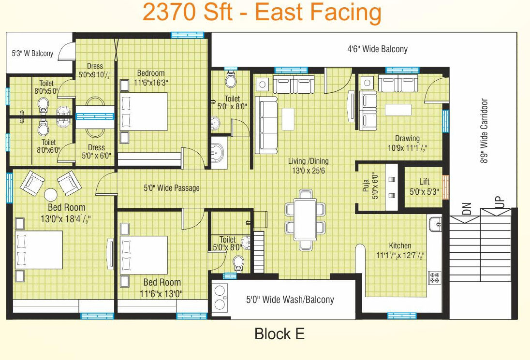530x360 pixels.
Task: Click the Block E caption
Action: point(279,334)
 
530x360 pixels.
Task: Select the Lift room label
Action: point(424,181)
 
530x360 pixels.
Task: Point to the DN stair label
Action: point(467,208)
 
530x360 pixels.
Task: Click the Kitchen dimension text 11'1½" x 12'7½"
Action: point(400,255)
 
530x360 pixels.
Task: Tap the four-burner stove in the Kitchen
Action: point(435,277)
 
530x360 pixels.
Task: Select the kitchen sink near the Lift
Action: point(435,224)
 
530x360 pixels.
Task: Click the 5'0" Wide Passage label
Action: point(172,188)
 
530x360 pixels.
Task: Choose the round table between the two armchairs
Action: point(51,195)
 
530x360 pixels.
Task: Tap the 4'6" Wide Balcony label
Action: point(377,49)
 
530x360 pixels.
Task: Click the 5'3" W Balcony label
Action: point(32,53)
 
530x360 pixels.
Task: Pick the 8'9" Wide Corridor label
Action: point(484,130)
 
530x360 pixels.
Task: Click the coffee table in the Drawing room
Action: point(398,110)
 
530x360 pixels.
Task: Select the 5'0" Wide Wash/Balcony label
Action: point(290,300)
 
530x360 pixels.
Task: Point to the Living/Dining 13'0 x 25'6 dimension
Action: point(308,171)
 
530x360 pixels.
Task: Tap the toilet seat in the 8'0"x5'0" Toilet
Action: point(43,105)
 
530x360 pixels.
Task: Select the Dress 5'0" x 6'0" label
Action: point(96,152)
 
